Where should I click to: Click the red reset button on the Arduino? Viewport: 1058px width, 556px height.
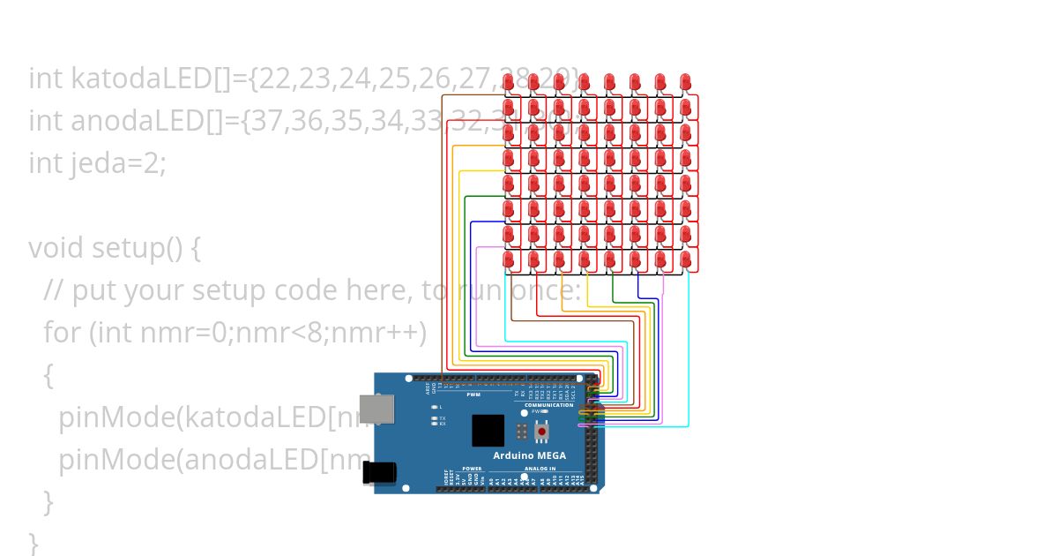pos(541,432)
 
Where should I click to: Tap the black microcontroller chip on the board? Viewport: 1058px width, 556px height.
pos(488,431)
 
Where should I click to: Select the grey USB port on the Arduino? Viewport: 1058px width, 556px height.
pos(378,409)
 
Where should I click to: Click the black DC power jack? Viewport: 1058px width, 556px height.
pos(379,473)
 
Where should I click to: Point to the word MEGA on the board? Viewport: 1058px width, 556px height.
pos(549,455)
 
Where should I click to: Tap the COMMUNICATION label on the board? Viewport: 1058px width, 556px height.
pos(548,405)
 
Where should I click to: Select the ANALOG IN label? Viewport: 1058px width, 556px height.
pos(540,469)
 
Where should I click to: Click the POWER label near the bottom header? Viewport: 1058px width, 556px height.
pos(472,469)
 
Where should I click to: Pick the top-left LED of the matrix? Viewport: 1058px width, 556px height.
pos(508,83)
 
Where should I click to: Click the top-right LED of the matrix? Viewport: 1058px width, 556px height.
pos(686,83)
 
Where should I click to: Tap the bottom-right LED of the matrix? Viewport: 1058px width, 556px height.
pos(686,259)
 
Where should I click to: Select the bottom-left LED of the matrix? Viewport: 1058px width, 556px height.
pos(508,259)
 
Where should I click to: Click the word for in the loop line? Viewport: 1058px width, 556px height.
pos(62,333)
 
